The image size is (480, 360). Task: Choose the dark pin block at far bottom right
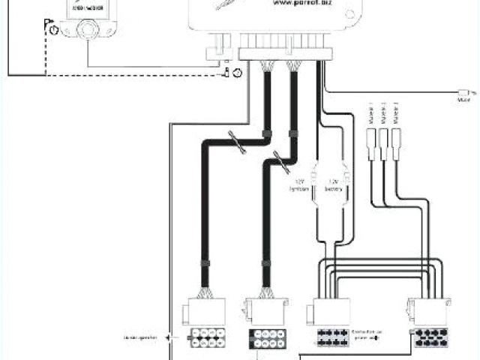(x=432, y=337)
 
